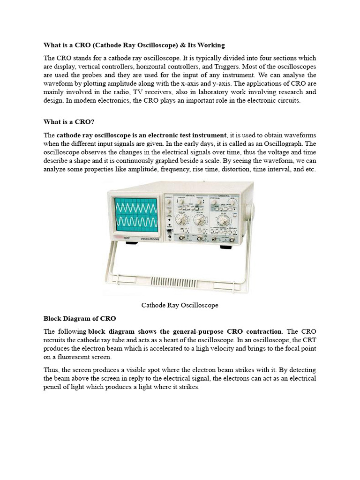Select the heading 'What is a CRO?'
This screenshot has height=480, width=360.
(x=69, y=122)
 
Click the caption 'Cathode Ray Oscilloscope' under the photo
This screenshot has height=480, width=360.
(x=180, y=305)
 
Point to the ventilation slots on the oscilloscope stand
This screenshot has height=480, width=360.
(x=180, y=281)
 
